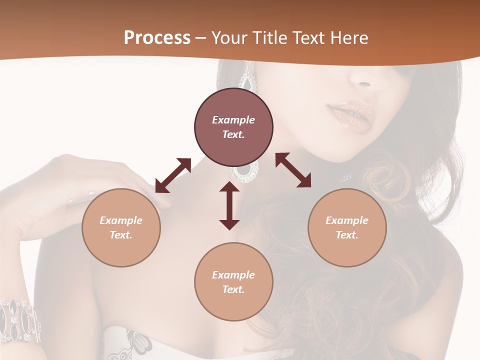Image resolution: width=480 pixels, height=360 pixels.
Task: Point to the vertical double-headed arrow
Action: (229, 205)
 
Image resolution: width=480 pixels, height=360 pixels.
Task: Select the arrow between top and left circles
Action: (173, 175)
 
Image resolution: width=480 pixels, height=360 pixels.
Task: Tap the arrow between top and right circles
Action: (293, 170)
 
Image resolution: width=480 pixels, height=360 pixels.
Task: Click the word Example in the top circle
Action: (233, 120)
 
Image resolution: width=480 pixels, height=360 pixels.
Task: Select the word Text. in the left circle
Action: (121, 235)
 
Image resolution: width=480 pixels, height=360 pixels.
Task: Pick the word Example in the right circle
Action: (347, 220)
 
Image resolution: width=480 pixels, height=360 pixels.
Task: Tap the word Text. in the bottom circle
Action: (233, 289)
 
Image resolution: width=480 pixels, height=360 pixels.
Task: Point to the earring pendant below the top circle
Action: (244, 172)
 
